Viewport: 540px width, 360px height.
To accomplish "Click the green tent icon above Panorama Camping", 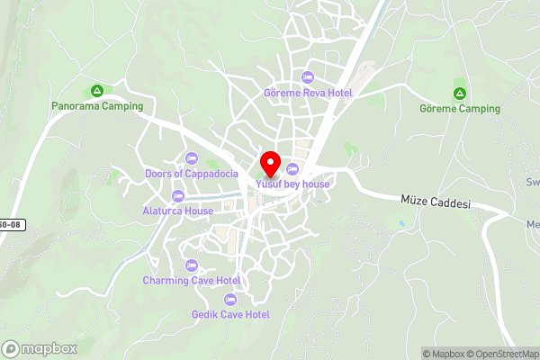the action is [x=96, y=91].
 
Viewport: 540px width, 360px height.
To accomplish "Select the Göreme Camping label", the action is [x=459, y=109].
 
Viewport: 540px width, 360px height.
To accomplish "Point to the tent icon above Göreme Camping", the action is [x=459, y=94].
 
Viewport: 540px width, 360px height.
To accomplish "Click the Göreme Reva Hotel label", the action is [x=308, y=93].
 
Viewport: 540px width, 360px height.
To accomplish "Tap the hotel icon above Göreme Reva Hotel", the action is [x=308, y=77].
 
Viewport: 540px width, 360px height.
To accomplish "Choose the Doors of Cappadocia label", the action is [x=192, y=173].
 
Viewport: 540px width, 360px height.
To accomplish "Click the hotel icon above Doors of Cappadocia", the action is [x=191, y=157].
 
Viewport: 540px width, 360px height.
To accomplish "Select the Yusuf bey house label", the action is [x=292, y=184].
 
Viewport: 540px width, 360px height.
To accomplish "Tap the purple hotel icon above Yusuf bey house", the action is [x=292, y=169].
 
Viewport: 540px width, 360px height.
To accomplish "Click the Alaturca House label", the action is [x=177, y=211].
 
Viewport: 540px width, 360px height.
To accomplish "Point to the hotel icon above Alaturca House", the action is [x=177, y=196].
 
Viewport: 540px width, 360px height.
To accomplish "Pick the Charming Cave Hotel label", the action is [x=191, y=280].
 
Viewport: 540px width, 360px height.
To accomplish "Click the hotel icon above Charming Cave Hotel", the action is [x=191, y=265].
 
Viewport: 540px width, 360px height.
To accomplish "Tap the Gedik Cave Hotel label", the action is [x=230, y=314].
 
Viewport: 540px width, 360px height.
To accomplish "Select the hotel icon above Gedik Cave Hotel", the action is [x=230, y=299].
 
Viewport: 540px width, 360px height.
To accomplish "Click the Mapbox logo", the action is [x=40, y=348].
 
